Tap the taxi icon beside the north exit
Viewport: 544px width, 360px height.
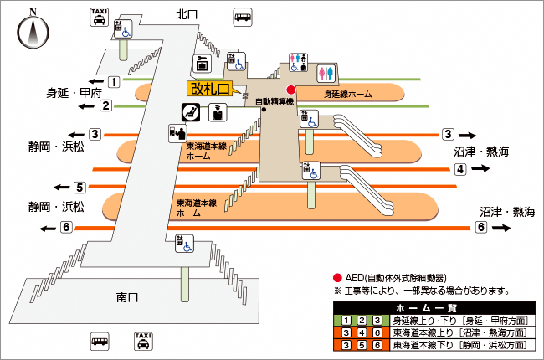click(x=98, y=18)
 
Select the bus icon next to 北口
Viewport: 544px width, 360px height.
click(x=244, y=17)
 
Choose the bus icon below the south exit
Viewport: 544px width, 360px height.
click(x=100, y=341)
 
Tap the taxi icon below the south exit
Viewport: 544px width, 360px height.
click(x=142, y=341)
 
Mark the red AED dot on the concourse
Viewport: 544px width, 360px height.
click(x=290, y=90)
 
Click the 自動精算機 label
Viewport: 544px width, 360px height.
click(x=274, y=101)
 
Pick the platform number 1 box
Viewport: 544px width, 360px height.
click(x=113, y=82)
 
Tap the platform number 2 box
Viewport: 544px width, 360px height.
click(x=106, y=105)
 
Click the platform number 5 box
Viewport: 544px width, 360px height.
click(x=80, y=188)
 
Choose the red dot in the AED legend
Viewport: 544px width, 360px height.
click(x=337, y=278)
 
